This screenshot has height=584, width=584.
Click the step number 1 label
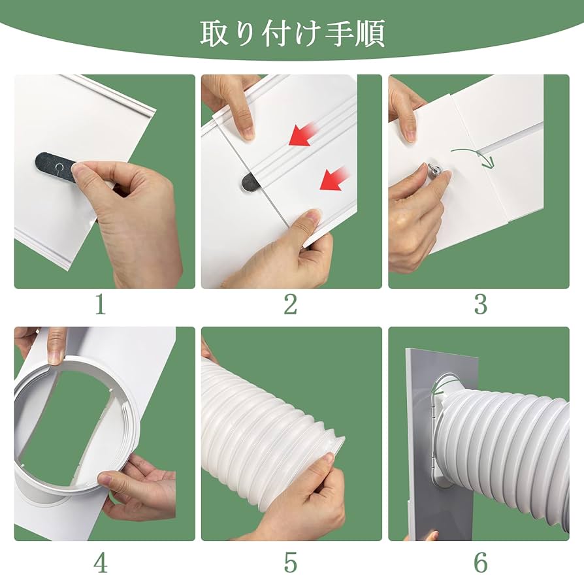tap(100, 304)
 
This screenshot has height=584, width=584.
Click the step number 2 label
tap(291, 304)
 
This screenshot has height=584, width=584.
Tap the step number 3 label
tap(480, 304)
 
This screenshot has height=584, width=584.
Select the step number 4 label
tap(100, 561)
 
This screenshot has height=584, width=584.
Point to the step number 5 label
tap(291, 561)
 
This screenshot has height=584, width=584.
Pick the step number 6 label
tap(480, 561)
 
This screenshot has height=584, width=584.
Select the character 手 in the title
tap(339, 32)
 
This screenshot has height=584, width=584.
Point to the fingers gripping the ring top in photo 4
tap(55, 342)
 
